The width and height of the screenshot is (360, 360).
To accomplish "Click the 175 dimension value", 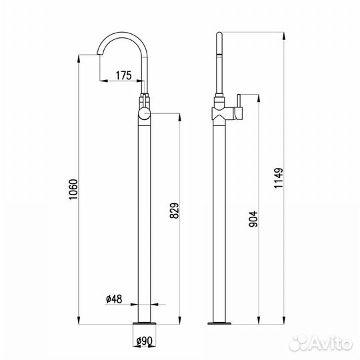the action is pos(124,75).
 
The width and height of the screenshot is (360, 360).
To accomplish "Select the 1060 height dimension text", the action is pos(74,189).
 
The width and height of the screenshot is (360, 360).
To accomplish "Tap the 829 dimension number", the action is pos(174,211).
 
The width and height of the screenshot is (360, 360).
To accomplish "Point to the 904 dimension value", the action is pos(253,219).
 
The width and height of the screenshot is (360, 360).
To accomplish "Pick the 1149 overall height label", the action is pos(279,178).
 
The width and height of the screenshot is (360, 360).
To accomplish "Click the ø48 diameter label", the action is pos(114,299).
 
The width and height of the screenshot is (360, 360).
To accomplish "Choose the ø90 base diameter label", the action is pos(144,341).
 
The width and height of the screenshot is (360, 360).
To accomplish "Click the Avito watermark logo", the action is pos(321,343).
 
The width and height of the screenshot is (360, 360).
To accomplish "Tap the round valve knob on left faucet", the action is pos(144,114).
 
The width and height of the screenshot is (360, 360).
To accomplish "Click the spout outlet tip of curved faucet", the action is pos(100,54).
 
